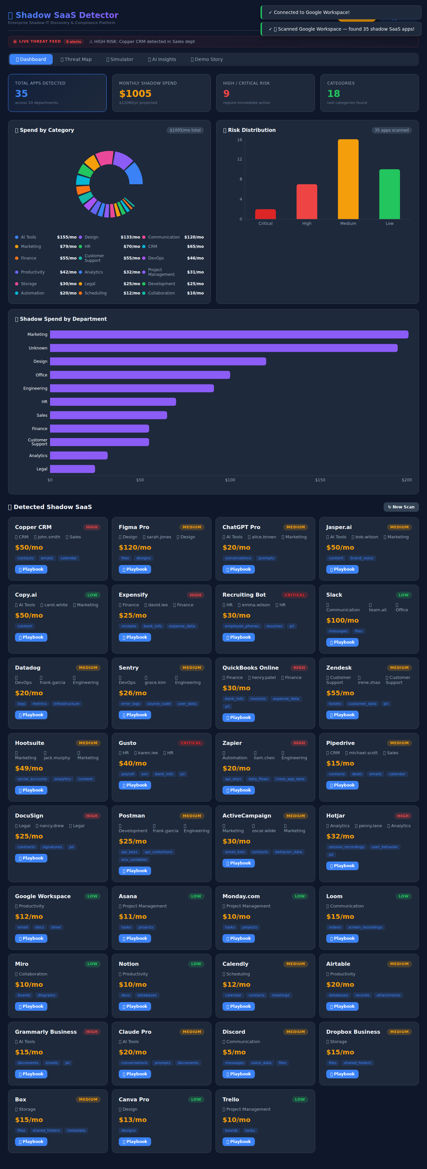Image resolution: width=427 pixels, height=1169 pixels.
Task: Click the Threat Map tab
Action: click(76, 59)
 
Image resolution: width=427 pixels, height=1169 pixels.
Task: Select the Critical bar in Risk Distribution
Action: click(265, 214)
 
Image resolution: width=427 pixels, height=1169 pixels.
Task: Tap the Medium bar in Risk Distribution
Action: click(348, 179)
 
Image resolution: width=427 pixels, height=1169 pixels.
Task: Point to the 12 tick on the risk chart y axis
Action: click(240, 159)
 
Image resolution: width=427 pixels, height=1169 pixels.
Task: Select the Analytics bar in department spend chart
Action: click(79, 456)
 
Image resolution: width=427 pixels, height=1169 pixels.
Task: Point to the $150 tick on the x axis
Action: click(320, 480)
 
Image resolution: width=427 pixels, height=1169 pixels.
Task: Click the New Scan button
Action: click(401, 507)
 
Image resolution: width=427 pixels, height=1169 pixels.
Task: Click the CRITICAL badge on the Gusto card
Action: click(191, 743)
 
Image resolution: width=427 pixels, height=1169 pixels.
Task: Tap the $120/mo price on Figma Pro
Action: click(135, 548)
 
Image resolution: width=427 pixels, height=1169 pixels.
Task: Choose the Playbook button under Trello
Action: click(239, 1141)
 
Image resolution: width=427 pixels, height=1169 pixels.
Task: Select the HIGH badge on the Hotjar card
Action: click(402, 816)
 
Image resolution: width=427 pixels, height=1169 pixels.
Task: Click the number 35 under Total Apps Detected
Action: click(21, 94)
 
